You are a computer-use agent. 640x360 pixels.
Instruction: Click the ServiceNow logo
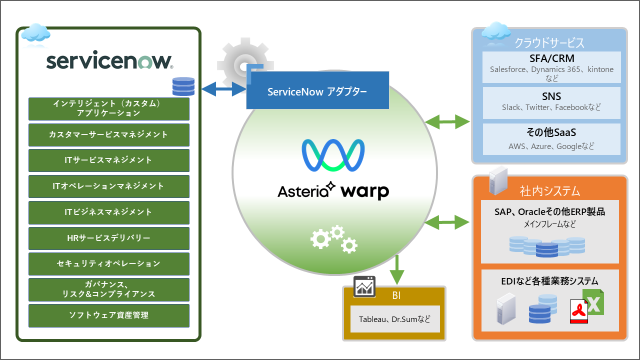tap(109, 61)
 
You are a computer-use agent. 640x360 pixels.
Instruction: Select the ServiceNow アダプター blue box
tap(317, 91)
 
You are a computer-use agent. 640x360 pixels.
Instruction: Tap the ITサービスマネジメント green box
tap(109, 160)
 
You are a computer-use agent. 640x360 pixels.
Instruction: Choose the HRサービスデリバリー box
tap(109, 238)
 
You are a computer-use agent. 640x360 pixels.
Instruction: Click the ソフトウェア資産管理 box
tap(109, 315)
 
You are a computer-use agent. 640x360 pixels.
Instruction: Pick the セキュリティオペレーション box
tap(109, 263)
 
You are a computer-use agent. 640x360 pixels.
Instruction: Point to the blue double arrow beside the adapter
tap(223, 90)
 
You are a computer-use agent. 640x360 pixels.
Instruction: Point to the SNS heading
tap(551, 96)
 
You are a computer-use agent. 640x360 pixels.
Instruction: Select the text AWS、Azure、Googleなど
tap(551, 146)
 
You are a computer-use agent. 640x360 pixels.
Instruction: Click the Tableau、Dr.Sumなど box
tap(394, 319)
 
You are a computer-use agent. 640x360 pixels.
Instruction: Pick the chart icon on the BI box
tap(364, 286)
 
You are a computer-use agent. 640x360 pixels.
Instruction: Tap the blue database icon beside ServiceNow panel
tap(183, 86)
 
